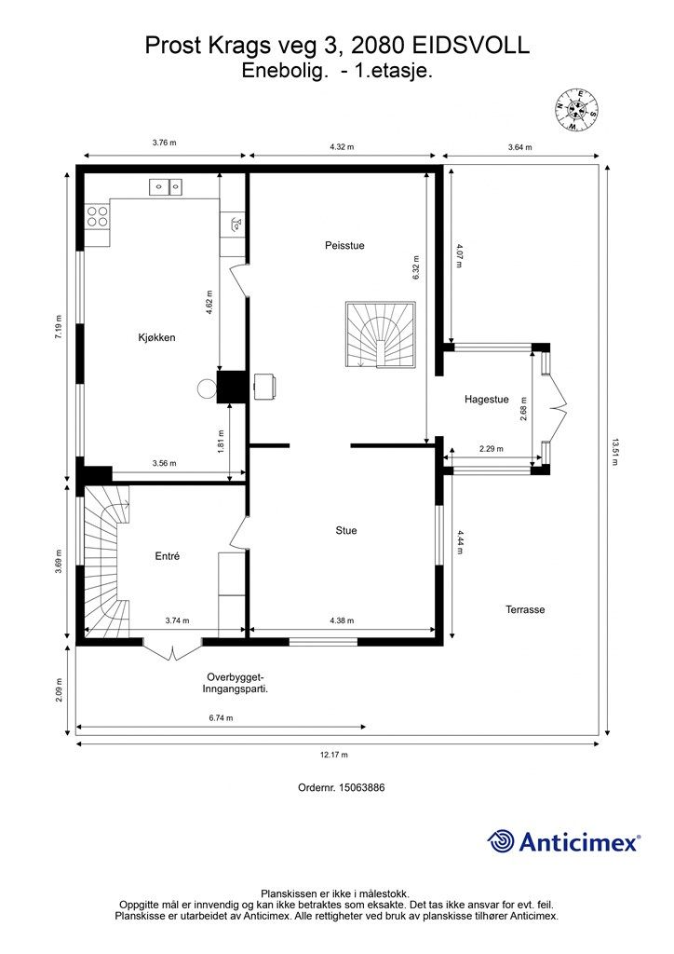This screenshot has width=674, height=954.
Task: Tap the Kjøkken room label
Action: (156, 338)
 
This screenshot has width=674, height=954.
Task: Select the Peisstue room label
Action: (344, 246)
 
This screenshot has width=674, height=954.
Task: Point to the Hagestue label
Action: (486, 400)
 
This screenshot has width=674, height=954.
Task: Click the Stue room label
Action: (346, 531)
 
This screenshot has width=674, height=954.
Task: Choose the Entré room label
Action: (167, 556)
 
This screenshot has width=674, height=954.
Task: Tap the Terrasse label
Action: (525, 610)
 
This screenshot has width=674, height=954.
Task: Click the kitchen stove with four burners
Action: (98, 217)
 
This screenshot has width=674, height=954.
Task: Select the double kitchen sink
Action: (167, 187)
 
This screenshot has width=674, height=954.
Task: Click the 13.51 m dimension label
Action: (615, 446)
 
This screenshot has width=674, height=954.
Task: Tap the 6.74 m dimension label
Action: (221, 718)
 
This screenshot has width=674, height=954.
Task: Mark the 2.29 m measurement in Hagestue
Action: (491, 450)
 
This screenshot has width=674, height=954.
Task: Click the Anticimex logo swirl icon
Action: (502, 841)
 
